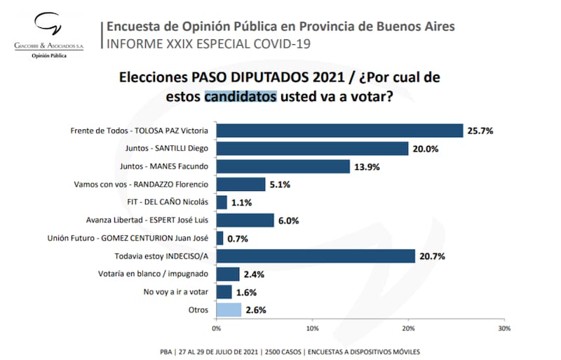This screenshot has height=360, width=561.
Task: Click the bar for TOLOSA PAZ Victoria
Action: (339, 131)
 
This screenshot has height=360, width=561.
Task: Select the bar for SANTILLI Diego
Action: (312, 149)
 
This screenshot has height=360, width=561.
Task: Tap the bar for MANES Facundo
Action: (283, 166)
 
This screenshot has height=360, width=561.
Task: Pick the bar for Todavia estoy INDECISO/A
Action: (316, 256)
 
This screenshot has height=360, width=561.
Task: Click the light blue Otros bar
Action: (229, 309)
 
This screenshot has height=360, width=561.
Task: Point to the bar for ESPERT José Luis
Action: (245, 220)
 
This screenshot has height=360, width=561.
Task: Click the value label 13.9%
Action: (367, 167)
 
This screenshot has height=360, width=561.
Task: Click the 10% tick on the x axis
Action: (313, 328)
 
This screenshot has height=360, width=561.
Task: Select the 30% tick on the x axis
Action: (504, 328)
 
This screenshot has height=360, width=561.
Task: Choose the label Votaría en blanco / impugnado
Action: (156, 274)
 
